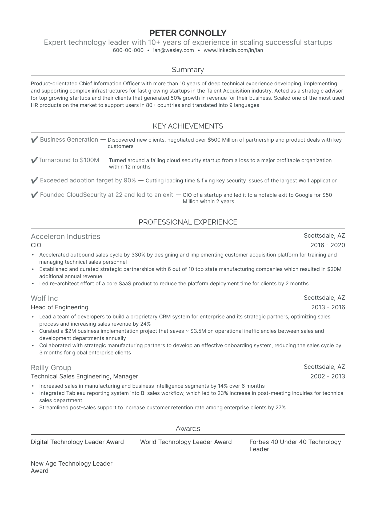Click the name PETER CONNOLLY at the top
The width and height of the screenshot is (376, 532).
188,33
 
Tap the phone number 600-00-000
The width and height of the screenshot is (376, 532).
128,50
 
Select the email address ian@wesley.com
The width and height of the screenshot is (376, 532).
173,50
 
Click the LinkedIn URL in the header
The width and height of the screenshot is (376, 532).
233,50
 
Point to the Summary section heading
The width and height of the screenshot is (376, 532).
188,70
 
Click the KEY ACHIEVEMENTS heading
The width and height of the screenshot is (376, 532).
188,126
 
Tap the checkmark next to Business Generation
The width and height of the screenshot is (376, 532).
34,140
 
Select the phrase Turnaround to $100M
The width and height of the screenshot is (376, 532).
69,160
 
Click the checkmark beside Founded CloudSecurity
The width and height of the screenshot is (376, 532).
34,195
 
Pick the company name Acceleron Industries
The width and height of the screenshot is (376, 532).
66,237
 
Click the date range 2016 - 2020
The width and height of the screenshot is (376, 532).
327,245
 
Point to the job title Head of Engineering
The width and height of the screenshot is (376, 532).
59,307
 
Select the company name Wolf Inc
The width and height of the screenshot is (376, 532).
44,298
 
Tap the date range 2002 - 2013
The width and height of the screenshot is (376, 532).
327,376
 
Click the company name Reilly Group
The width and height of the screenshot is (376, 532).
51,368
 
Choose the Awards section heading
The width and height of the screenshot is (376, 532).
188,429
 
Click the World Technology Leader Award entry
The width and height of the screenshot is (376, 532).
186,442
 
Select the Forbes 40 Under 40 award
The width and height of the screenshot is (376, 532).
295,445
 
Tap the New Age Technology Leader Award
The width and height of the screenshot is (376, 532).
71,467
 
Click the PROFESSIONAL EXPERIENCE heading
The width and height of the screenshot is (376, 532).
188,222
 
